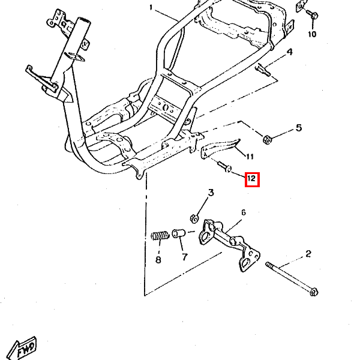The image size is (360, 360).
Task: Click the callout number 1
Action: pyautogui.click(x=151, y=8)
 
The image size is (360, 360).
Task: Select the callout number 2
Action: pyautogui.click(x=308, y=254)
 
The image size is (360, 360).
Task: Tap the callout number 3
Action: pyautogui.click(x=211, y=193)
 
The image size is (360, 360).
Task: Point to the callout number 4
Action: pyautogui.click(x=290, y=52)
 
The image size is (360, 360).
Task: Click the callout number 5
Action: pyautogui.click(x=298, y=128)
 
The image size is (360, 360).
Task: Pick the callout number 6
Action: pyautogui.click(x=244, y=212)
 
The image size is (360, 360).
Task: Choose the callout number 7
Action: pyautogui.click(x=185, y=257)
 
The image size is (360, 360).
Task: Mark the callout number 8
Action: pyautogui.click(x=158, y=260)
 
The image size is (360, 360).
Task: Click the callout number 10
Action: pyautogui.click(x=312, y=34)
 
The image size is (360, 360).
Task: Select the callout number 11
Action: pyautogui.click(x=250, y=157)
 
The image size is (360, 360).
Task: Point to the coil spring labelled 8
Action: pyautogui.click(x=160, y=236)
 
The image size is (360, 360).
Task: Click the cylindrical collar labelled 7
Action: pyautogui.click(x=179, y=233)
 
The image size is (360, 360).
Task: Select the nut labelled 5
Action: pyautogui.click(x=267, y=139)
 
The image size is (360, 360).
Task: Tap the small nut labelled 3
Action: pyautogui.click(x=194, y=218)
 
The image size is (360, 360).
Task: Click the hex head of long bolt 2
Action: pyautogui.click(x=314, y=292)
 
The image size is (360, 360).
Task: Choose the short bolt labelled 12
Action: pyautogui.click(x=224, y=167)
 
